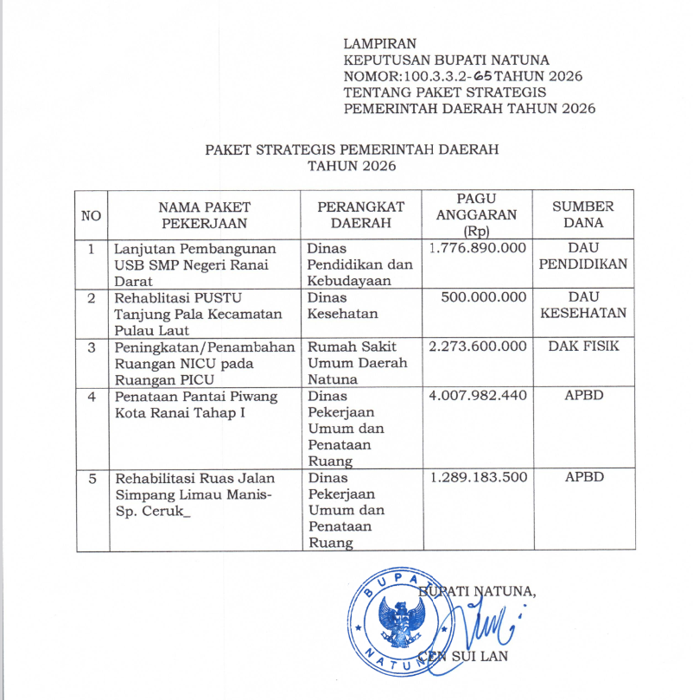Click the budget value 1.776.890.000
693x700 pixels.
[477, 248]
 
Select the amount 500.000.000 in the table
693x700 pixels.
[483, 297]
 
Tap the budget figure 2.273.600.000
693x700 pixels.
[477, 347]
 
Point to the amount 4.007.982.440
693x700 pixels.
[477, 396]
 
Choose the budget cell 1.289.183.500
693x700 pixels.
[477, 477]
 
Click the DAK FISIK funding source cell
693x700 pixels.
[583, 347]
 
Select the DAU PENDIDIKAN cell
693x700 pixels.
[583, 256]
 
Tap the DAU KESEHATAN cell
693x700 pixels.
[583, 305]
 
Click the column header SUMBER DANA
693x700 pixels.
[583, 214]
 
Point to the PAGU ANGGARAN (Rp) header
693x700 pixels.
[476, 214]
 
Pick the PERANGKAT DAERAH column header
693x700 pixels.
[360, 214]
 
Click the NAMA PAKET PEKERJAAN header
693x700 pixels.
[204, 214]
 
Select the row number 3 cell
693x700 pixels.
[92, 347]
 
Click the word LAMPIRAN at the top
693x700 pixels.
[379, 43]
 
